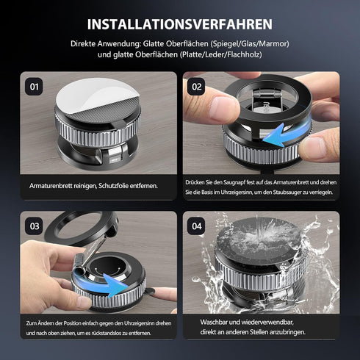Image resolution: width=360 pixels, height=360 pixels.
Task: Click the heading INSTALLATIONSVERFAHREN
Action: point(180,24)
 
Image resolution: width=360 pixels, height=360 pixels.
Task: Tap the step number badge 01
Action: point(34,87)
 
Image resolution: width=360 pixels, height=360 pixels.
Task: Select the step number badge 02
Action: point(196,87)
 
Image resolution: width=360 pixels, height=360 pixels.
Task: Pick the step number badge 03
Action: point(34,226)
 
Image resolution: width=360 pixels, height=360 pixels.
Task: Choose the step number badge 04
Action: point(196,226)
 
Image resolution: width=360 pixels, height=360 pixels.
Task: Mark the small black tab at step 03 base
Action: point(148,291)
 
